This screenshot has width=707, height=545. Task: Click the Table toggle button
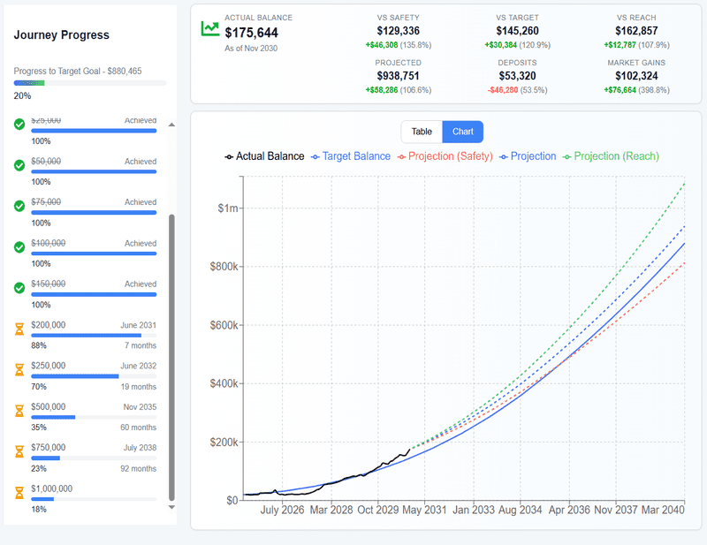pos(422,132)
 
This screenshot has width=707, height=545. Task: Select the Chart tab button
pos(462,132)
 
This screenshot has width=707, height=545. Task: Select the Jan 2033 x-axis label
pos(474,510)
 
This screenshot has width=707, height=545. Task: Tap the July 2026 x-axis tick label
pos(282,510)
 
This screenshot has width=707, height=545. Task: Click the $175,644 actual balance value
pos(251,33)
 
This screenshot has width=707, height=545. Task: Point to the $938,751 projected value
pos(398,77)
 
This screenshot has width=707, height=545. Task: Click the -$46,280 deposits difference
pos(503,90)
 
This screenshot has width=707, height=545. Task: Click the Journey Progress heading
pos(62,35)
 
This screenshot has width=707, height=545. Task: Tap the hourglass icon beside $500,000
pos(19,411)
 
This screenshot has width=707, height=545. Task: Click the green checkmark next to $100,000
pos(19,247)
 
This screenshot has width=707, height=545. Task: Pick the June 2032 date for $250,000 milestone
pos(139,366)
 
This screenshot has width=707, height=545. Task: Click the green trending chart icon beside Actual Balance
pos(209,28)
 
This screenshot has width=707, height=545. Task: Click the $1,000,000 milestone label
pos(51,488)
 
